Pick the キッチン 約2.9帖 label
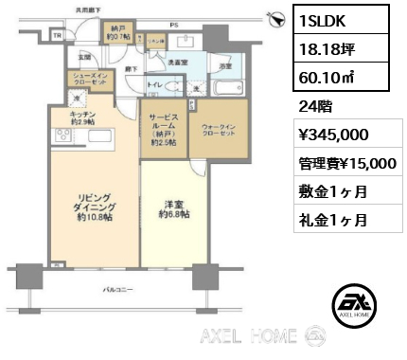click(83, 117)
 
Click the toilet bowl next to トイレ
click(172, 94)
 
